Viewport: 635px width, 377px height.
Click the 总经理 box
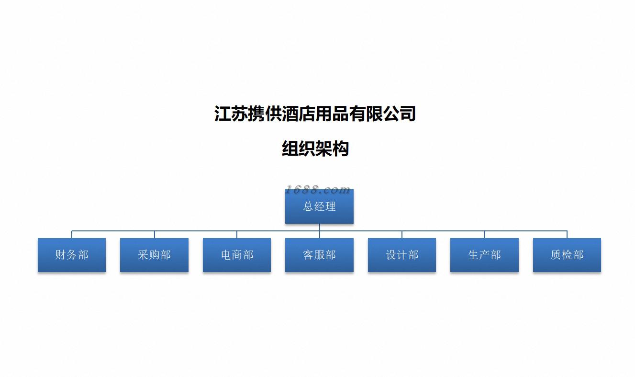click(319, 207)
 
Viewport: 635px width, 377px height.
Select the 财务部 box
click(72, 255)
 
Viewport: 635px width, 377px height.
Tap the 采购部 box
click(154, 255)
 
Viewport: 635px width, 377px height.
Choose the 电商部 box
click(237, 255)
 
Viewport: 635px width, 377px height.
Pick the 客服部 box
click(319, 255)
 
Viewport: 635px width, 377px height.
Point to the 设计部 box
click(402, 255)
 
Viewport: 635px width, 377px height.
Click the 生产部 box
click(484, 255)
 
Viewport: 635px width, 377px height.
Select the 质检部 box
click(567, 255)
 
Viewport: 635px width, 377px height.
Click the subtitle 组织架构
click(315, 149)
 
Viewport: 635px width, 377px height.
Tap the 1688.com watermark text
click(318, 190)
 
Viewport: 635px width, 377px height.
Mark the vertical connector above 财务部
click(72, 235)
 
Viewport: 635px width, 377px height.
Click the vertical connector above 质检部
click(567, 235)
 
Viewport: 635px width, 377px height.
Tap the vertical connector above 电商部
click(237, 235)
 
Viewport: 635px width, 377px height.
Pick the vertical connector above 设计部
click(402, 235)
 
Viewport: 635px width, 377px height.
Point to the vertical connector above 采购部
click(155, 235)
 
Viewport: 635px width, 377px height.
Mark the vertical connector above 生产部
click(485, 235)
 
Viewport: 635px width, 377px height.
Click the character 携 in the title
click(255, 114)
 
